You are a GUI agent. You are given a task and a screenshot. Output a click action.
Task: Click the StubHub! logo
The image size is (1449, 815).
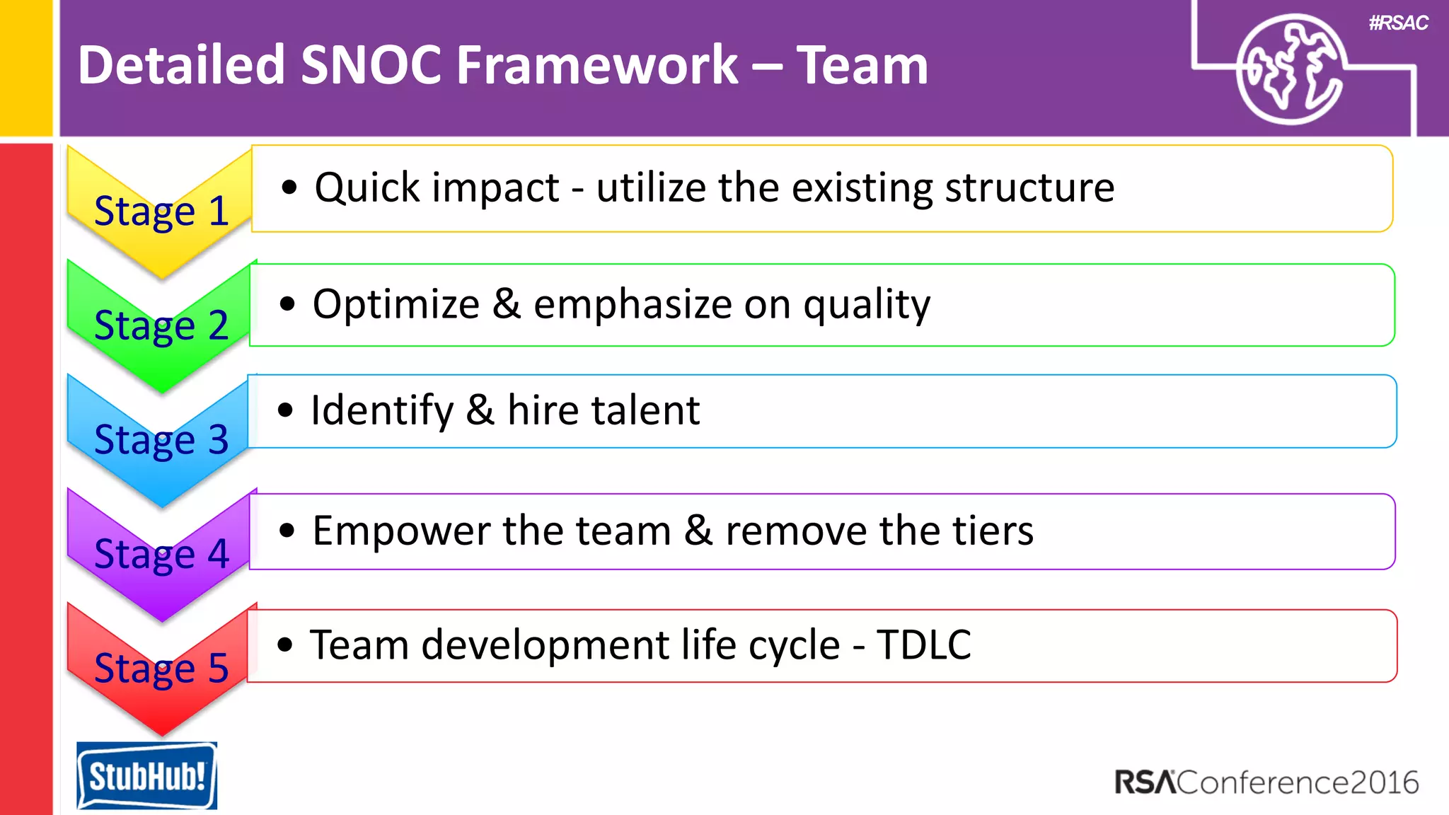click(146, 775)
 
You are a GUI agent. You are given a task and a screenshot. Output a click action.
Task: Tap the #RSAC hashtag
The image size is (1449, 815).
click(1398, 23)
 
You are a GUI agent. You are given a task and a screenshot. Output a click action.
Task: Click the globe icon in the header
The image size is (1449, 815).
click(1290, 69)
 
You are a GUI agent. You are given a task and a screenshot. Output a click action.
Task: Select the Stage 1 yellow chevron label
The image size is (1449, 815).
click(161, 211)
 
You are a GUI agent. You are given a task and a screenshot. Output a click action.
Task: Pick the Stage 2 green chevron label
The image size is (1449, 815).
click(161, 325)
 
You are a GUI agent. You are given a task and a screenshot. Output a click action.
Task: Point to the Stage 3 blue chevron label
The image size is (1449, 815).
click(161, 440)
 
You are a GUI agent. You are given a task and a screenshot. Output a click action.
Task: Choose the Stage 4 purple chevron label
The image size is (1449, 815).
click(161, 554)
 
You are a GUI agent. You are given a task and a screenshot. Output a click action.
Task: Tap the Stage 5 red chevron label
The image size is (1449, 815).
click(161, 668)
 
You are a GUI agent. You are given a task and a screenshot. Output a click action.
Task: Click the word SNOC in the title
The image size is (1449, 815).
click(371, 65)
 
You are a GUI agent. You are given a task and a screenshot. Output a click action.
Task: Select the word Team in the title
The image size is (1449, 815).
click(862, 65)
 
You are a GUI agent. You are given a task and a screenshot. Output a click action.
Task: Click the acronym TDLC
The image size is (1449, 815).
click(924, 645)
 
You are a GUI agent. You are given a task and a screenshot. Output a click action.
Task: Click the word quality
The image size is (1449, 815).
click(867, 306)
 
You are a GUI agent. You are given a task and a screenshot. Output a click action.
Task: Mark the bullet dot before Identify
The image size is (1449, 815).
click(285, 410)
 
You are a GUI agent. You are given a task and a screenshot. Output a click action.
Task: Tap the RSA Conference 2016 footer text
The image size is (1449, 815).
click(1266, 782)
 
